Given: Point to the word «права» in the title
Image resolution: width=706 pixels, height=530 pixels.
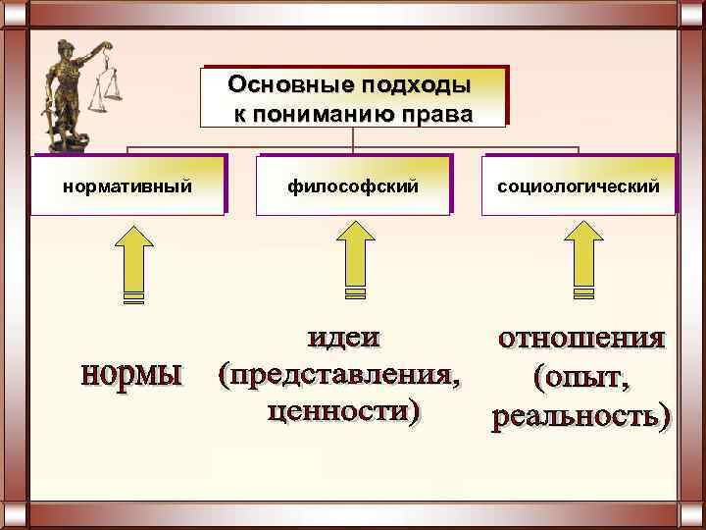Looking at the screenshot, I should point(437,112).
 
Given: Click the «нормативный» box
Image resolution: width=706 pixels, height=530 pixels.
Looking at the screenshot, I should point(126,185).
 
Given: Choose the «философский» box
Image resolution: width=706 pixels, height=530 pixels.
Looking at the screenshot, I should point(354,185).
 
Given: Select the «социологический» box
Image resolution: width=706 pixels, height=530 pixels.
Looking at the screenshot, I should point(580,185).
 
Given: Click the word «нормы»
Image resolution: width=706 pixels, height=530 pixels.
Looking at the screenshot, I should point(132,374).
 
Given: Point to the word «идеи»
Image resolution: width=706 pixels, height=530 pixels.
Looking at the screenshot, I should point(342,339).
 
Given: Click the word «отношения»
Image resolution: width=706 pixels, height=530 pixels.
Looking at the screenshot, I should point(581,338).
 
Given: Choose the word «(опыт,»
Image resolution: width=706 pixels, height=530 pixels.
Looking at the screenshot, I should point(581,376).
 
